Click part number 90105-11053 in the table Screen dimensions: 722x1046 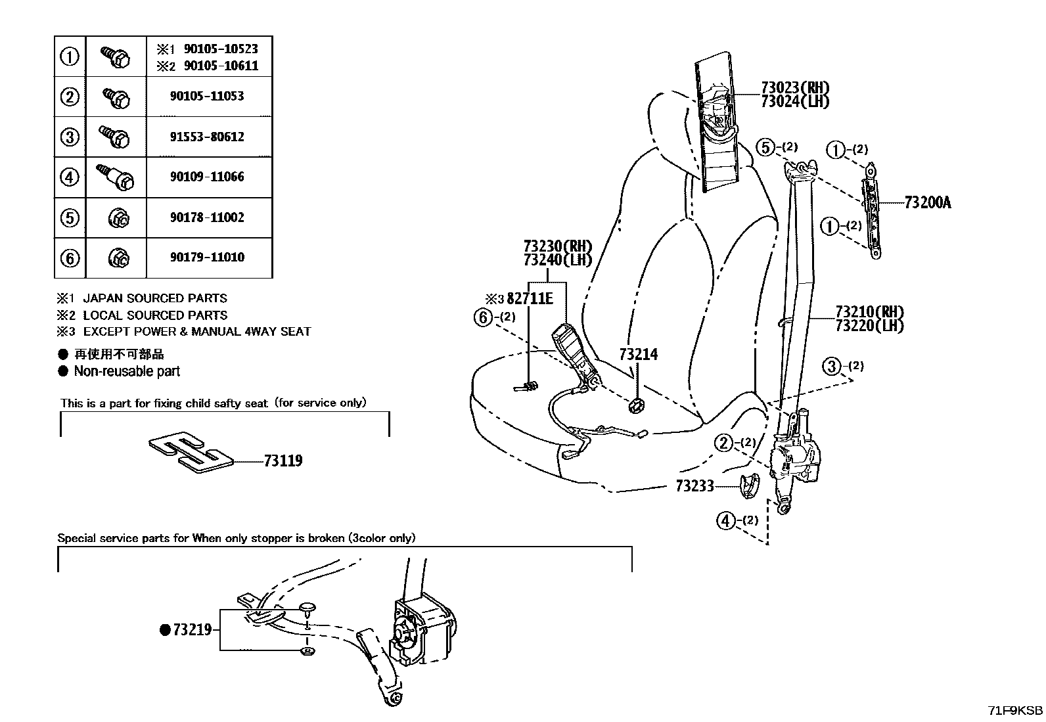click(x=207, y=97)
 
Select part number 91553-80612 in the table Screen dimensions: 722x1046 click(x=207, y=137)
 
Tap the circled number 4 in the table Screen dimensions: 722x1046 click(x=70, y=177)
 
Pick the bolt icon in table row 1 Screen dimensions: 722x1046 click(x=116, y=56)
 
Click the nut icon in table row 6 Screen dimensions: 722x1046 click(x=118, y=258)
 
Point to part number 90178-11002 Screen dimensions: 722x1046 click(x=207, y=217)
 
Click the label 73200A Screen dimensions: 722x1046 click(x=927, y=202)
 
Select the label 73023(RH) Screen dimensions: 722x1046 click(x=795, y=87)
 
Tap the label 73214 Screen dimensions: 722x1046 click(x=638, y=355)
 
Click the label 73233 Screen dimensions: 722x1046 click(x=694, y=487)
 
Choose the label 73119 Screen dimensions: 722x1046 click(x=283, y=461)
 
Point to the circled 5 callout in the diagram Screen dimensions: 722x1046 click(x=765, y=147)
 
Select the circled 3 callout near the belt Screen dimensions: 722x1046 click(x=832, y=366)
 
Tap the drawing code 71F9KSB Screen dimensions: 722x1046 click(x=1015, y=711)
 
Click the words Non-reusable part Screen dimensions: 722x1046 click(x=127, y=371)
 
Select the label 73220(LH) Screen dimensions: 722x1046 click(x=869, y=325)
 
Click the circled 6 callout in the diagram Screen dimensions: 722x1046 click(x=483, y=318)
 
